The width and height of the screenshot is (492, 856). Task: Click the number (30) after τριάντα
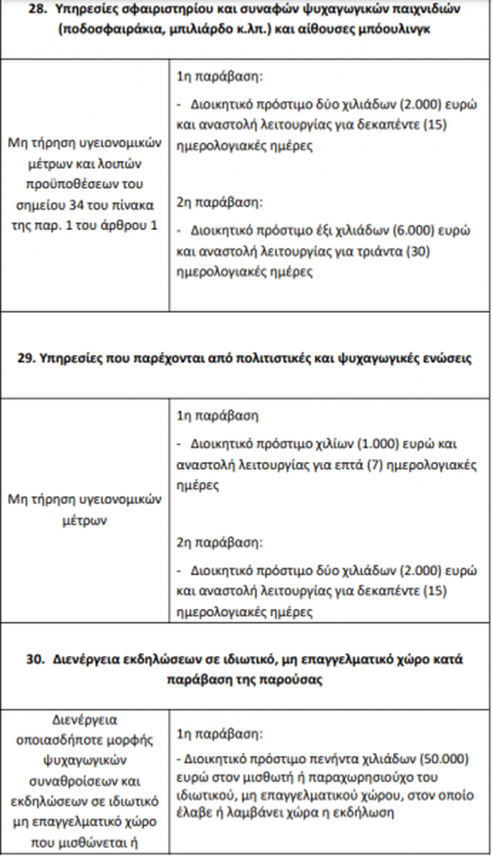click(419, 251)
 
